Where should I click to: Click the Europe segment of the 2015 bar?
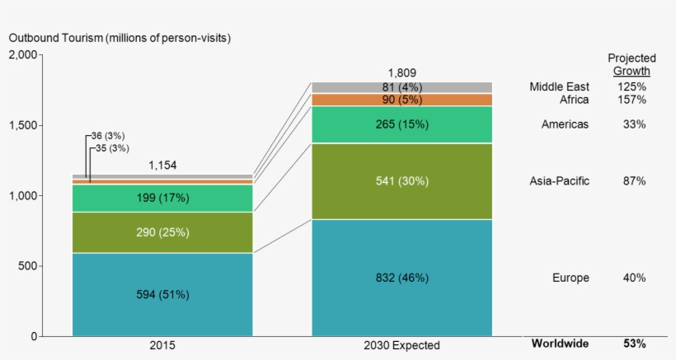pos(162,294)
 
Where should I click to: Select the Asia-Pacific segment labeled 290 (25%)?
pos(162,232)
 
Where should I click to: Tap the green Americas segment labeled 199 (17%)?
pos(162,198)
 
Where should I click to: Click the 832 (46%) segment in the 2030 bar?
pos(401,278)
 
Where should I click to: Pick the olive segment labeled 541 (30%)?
pos(401,180)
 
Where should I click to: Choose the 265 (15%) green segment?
pos(401,124)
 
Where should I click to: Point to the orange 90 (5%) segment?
pos(401,100)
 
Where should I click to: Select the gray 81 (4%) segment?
pos(401,87)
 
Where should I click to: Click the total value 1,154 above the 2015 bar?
pos(162,166)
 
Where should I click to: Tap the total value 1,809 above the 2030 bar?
pos(401,72)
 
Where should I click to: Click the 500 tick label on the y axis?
pos(26,266)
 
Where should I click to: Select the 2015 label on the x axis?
pos(162,345)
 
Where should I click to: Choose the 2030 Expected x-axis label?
pos(401,345)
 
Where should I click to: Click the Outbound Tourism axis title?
pos(120,38)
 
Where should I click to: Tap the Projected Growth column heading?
pos(631,64)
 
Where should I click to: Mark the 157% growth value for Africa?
pos(634,100)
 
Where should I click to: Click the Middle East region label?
pos(559,86)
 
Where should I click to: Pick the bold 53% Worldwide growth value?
pos(634,344)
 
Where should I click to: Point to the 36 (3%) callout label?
pos(109,135)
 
